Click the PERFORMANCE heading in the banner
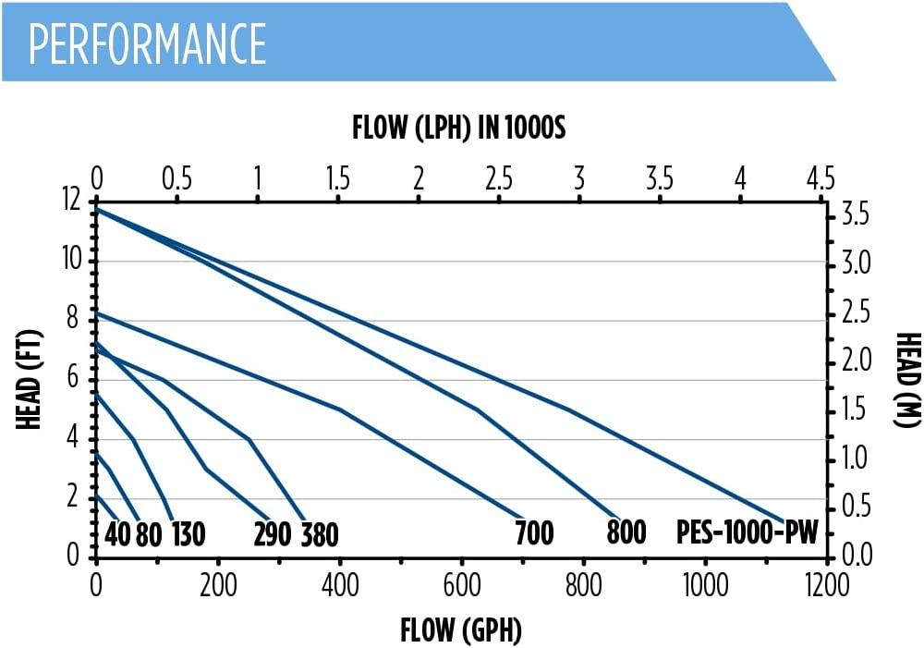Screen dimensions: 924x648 tap(147, 43)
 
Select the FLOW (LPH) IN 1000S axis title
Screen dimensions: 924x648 tap(458, 128)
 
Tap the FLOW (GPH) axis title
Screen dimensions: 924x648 tap(461, 630)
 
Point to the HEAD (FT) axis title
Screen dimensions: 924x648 tap(29, 379)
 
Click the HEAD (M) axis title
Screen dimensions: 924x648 tap(908, 379)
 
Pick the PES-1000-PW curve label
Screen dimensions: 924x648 tap(747, 533)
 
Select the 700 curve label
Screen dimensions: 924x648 tap(534, 533)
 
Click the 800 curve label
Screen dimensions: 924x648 tap(626, 532)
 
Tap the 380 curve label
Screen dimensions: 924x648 tap(320, 535)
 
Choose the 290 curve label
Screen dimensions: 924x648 tap(273, 535)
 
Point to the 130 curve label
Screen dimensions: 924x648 tap(188, 534)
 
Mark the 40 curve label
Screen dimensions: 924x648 tap(117, 534)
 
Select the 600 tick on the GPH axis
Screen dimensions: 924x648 tap(462, 585)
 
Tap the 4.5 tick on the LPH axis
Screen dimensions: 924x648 tap(821, 177)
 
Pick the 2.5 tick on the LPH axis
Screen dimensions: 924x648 tap(499, 177)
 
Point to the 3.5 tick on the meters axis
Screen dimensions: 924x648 tap(856, 214)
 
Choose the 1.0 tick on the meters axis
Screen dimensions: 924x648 tap(856, 457)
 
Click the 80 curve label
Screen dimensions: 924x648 tap(149, 535)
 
